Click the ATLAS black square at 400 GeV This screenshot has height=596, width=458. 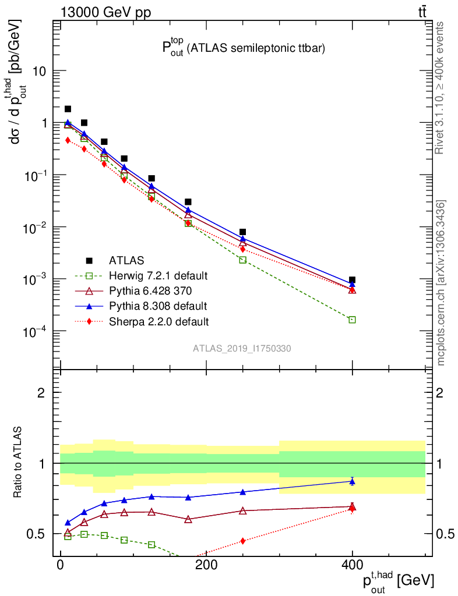tap(352, 280)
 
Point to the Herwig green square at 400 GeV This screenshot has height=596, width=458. tap(352, 320)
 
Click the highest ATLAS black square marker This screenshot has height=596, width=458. tap(68, 109)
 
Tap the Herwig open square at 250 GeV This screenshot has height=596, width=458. tap(242, 260)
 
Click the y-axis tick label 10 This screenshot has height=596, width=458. tap(40, 71)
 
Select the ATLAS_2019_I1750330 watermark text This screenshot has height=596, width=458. tap(242, 349)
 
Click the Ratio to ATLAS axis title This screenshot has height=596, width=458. tap(18, 463)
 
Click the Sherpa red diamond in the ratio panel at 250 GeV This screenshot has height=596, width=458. tap(242, 541)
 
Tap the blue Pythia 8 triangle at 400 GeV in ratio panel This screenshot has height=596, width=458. tap(352, 481)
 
